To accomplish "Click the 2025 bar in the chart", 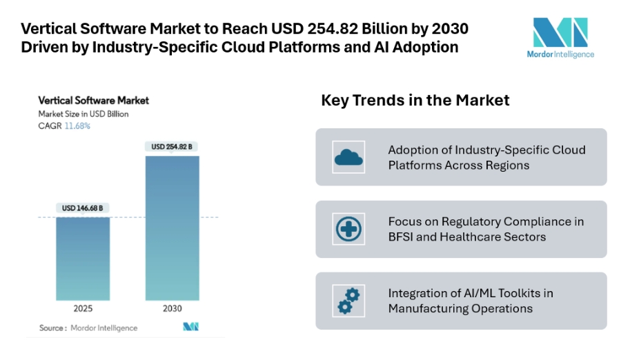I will point(83,259).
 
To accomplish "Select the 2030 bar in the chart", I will point(172,228).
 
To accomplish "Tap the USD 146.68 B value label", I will point(83,208).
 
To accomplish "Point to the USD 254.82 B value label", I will point(172,146).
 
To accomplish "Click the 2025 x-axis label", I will point(83,308).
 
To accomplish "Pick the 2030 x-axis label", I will point(172,308).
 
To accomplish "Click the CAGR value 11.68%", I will point(77,126).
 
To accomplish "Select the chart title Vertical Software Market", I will point(93,101).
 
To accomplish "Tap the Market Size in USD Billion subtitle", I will point(83,114).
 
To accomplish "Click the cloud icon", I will point(348,158).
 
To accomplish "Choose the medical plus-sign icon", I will point(348,230).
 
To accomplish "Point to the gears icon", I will point(348,301).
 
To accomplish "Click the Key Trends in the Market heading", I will point(415,101).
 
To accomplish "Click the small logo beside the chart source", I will point(190,327).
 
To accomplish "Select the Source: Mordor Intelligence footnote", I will point(88,328).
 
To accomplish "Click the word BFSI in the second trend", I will point(403,237).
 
